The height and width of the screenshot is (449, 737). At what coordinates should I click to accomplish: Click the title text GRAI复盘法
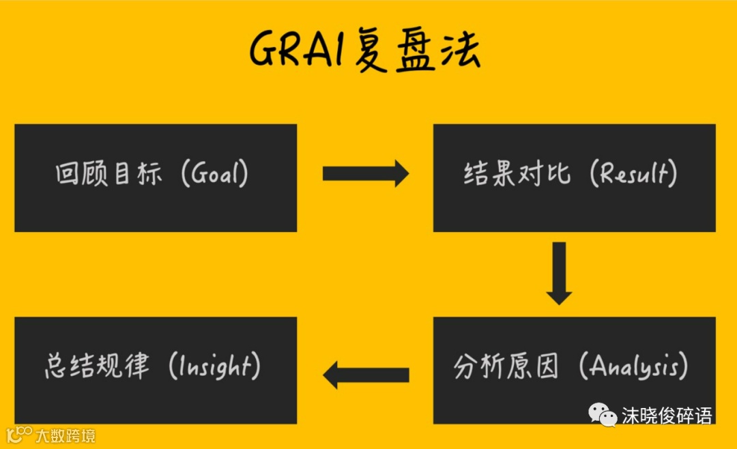[365, 50]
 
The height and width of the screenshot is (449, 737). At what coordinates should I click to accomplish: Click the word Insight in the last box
[216, 368]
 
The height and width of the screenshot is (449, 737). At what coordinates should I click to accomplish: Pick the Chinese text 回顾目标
[109, 175]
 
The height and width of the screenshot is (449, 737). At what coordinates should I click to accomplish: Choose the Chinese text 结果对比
[517, 175]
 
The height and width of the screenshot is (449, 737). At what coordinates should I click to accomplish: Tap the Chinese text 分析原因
[506, 368]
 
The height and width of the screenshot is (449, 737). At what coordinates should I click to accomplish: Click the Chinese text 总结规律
[97, 368]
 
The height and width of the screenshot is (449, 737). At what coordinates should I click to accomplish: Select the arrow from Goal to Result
[365, 175]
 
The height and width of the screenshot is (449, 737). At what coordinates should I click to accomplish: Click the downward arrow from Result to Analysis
[560, 273]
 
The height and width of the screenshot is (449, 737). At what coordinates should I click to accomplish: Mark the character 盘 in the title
[414, 52]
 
